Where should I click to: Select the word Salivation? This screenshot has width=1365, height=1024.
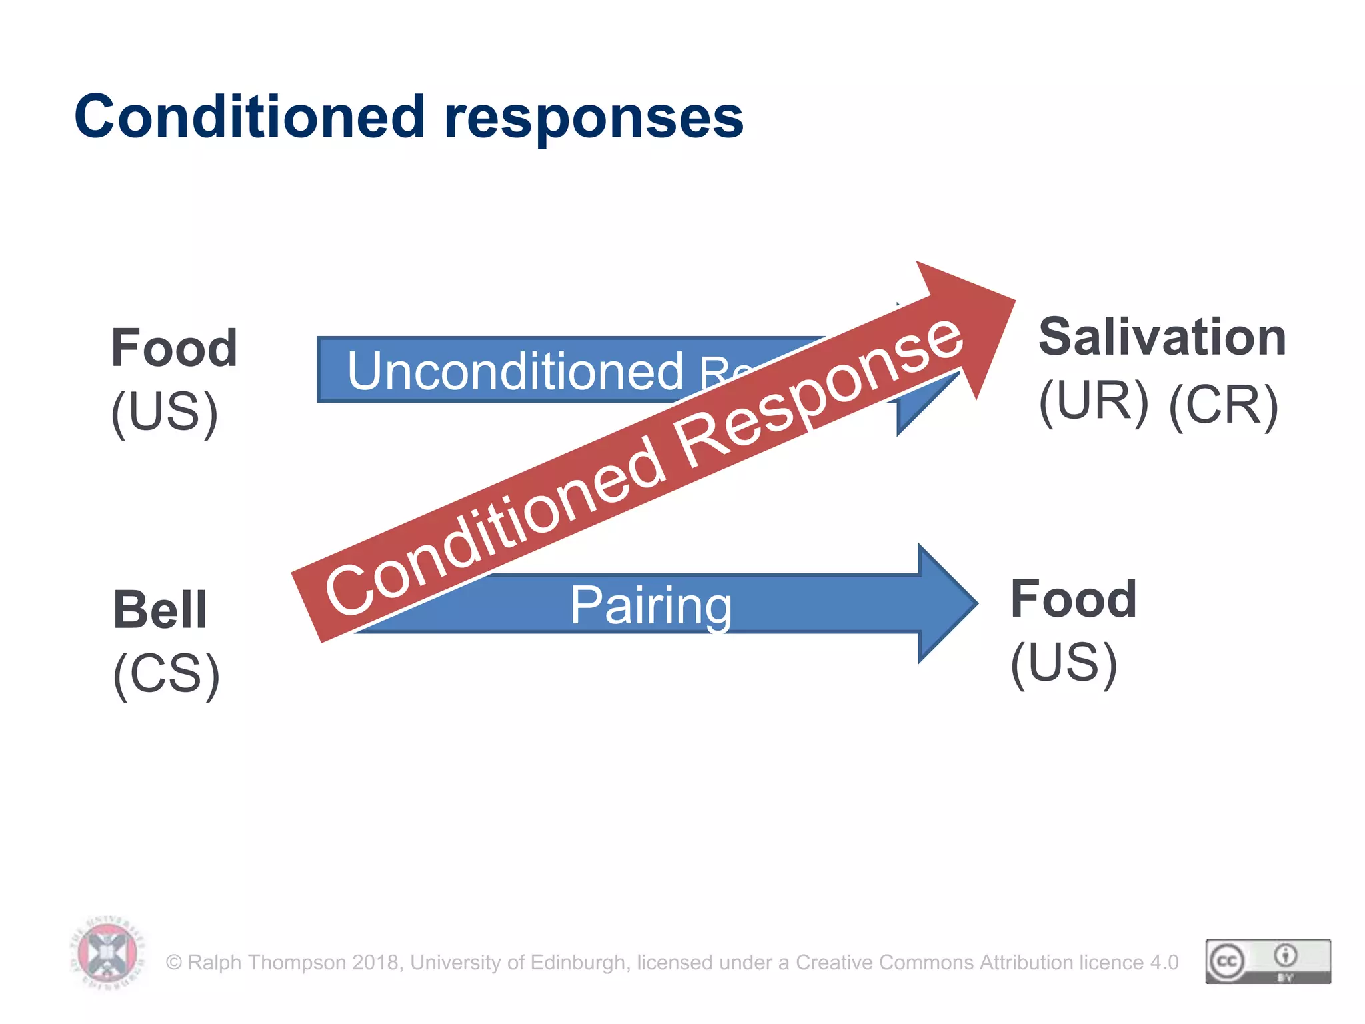[1162, 337]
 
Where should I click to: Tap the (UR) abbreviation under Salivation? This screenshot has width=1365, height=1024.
[1094, 402]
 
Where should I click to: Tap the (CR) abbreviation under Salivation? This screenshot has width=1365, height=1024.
[1223, 405]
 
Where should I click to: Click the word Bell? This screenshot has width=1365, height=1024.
[160, 610]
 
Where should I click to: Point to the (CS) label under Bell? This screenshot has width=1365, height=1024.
[166, 674]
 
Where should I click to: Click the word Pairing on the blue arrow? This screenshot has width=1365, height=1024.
[651, 605]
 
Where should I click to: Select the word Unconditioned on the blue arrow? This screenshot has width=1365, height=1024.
[515, 371]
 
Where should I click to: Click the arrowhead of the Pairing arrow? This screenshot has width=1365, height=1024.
[946, 603]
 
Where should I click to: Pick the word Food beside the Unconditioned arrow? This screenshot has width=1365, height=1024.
[174, 348]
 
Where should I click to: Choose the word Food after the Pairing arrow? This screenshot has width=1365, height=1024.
[1073, 599]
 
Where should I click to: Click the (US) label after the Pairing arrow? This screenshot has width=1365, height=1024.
[1064, 663]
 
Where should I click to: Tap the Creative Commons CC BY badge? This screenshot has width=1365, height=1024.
[1268, 961]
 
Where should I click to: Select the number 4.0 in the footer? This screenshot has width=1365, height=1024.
[1164, 963]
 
